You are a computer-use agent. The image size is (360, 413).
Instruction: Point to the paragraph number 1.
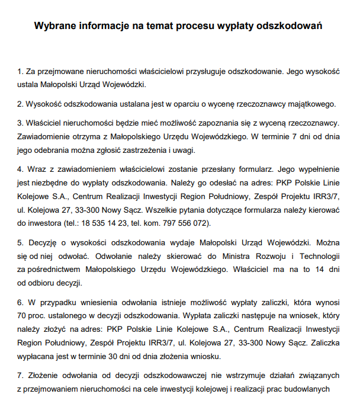click(x=20, y=72)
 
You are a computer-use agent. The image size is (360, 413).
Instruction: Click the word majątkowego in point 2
click(x=313, y=104)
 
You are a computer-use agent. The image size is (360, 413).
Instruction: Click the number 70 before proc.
click(x=23, y=315)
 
